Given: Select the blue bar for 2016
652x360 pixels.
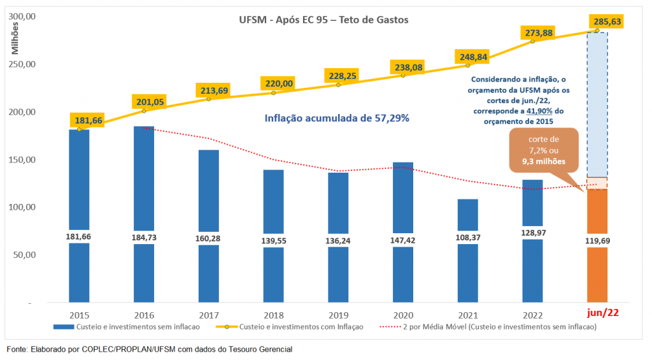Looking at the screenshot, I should (x=144, y=178).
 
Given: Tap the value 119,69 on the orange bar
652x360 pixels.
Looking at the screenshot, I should (x=597, y=240).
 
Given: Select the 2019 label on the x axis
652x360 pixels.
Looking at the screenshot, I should (x=339, y=315).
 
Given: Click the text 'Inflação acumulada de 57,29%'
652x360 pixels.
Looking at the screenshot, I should (x=336, y=118).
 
